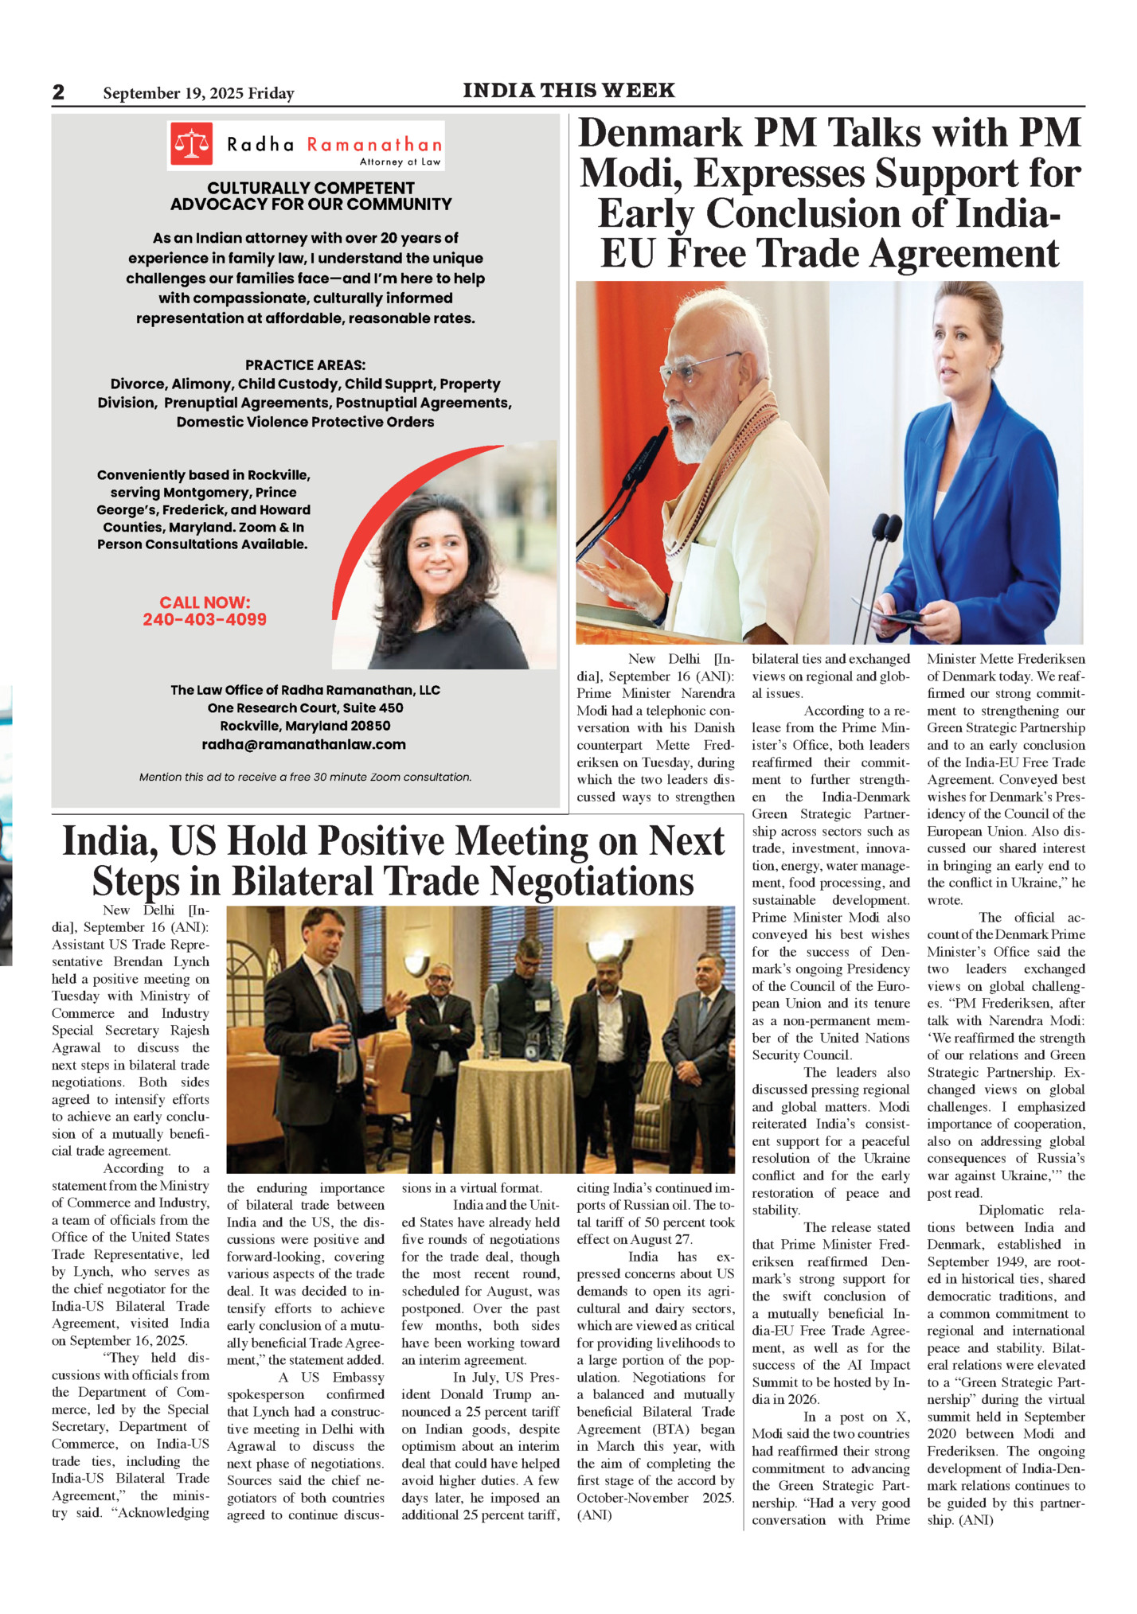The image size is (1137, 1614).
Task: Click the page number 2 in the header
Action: tap(58, 92)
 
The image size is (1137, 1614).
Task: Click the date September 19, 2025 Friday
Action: tap(198, 94)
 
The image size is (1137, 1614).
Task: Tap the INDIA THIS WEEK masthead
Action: tap(568, 91)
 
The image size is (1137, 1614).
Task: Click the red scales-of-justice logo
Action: tap(191, 144)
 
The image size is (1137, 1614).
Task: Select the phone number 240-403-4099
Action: tap(205, 620)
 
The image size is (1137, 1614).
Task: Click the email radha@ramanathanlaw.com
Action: tap(303, 745)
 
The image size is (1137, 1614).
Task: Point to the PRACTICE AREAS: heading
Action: tap(305, 365)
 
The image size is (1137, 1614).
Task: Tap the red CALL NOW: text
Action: tap(205, 602)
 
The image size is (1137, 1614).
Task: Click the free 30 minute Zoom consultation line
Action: tap(305, 778)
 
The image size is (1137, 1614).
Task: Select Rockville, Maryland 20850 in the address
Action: tap(305, 726)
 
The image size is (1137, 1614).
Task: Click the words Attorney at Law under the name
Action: tap(400, 162)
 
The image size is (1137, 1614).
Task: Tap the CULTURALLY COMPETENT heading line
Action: tap(311, 189)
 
